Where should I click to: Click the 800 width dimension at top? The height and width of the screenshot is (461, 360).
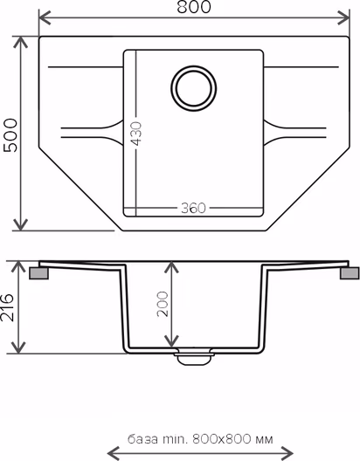(194, 7)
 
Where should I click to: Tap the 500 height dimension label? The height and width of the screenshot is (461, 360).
(10, 135)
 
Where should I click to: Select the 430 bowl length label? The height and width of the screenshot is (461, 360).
(136, 134)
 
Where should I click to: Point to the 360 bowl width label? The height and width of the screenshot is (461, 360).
(193, 208)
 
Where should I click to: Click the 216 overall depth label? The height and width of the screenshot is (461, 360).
(7, 307)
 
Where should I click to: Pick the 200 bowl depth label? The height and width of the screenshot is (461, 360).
(163, 304)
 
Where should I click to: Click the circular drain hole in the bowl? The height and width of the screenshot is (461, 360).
(194, 88)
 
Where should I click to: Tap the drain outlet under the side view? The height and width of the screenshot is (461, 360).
(194, 356)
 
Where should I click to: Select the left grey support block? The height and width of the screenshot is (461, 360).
(38, 272)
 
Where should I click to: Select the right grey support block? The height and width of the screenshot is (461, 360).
(350, 272)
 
